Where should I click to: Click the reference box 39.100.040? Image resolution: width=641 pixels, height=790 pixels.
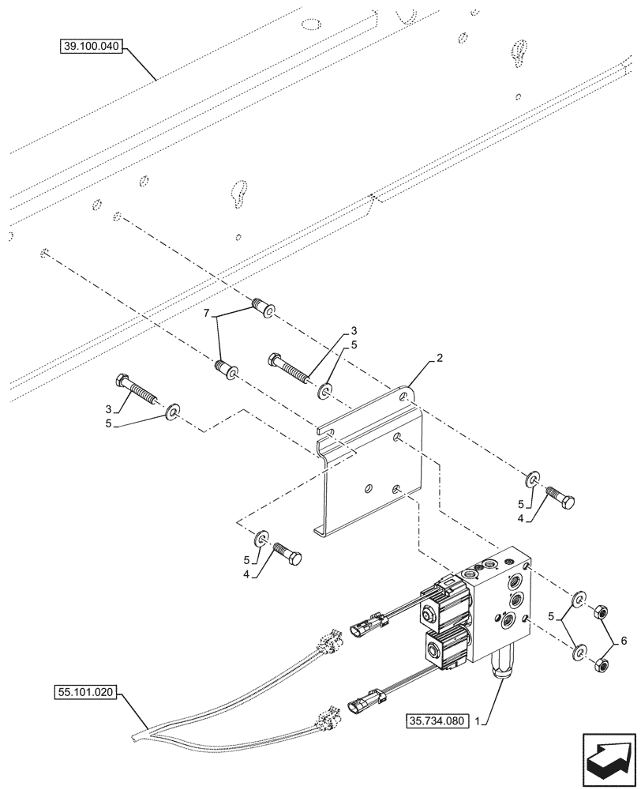click(x=91, y=47)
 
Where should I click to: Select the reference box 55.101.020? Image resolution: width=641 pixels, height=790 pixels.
click(x=86, y=694)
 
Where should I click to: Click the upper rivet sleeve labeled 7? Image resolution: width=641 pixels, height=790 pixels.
click(x=262, y=307)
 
